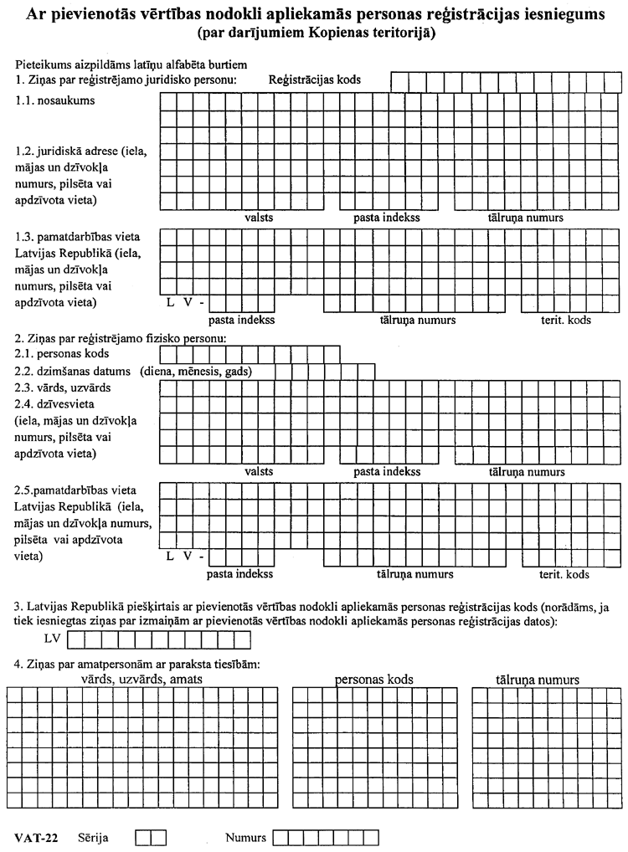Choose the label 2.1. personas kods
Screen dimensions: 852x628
pos(64,354)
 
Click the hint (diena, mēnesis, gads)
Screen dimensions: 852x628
pos(197,371)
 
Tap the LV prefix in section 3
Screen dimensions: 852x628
pos(53,640)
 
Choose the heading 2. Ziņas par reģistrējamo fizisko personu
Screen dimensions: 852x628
pos(121,338)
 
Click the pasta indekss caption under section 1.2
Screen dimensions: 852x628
pos(386,218)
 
